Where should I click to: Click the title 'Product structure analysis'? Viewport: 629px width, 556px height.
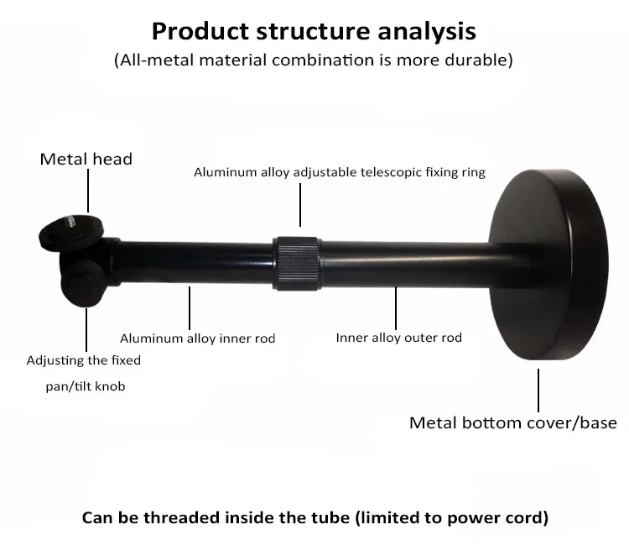click(x=314, y=31)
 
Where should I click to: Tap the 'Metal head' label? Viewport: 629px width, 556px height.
click(x=86, y=159)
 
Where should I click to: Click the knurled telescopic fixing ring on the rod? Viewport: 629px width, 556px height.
click(x=298, y=262)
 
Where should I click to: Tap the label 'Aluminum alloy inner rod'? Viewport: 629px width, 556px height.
click(x=197, y=339)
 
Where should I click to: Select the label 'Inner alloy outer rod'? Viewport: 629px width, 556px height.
click(x=398, y=338)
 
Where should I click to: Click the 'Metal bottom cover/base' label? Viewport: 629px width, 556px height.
click(x=512, y=422)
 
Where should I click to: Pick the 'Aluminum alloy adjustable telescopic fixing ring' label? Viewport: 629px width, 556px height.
click(x=340, y=173)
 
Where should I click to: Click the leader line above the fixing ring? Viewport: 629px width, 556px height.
click(x=299, y=207)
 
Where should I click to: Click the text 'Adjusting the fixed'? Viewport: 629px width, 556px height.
click(x=84, y=361)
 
